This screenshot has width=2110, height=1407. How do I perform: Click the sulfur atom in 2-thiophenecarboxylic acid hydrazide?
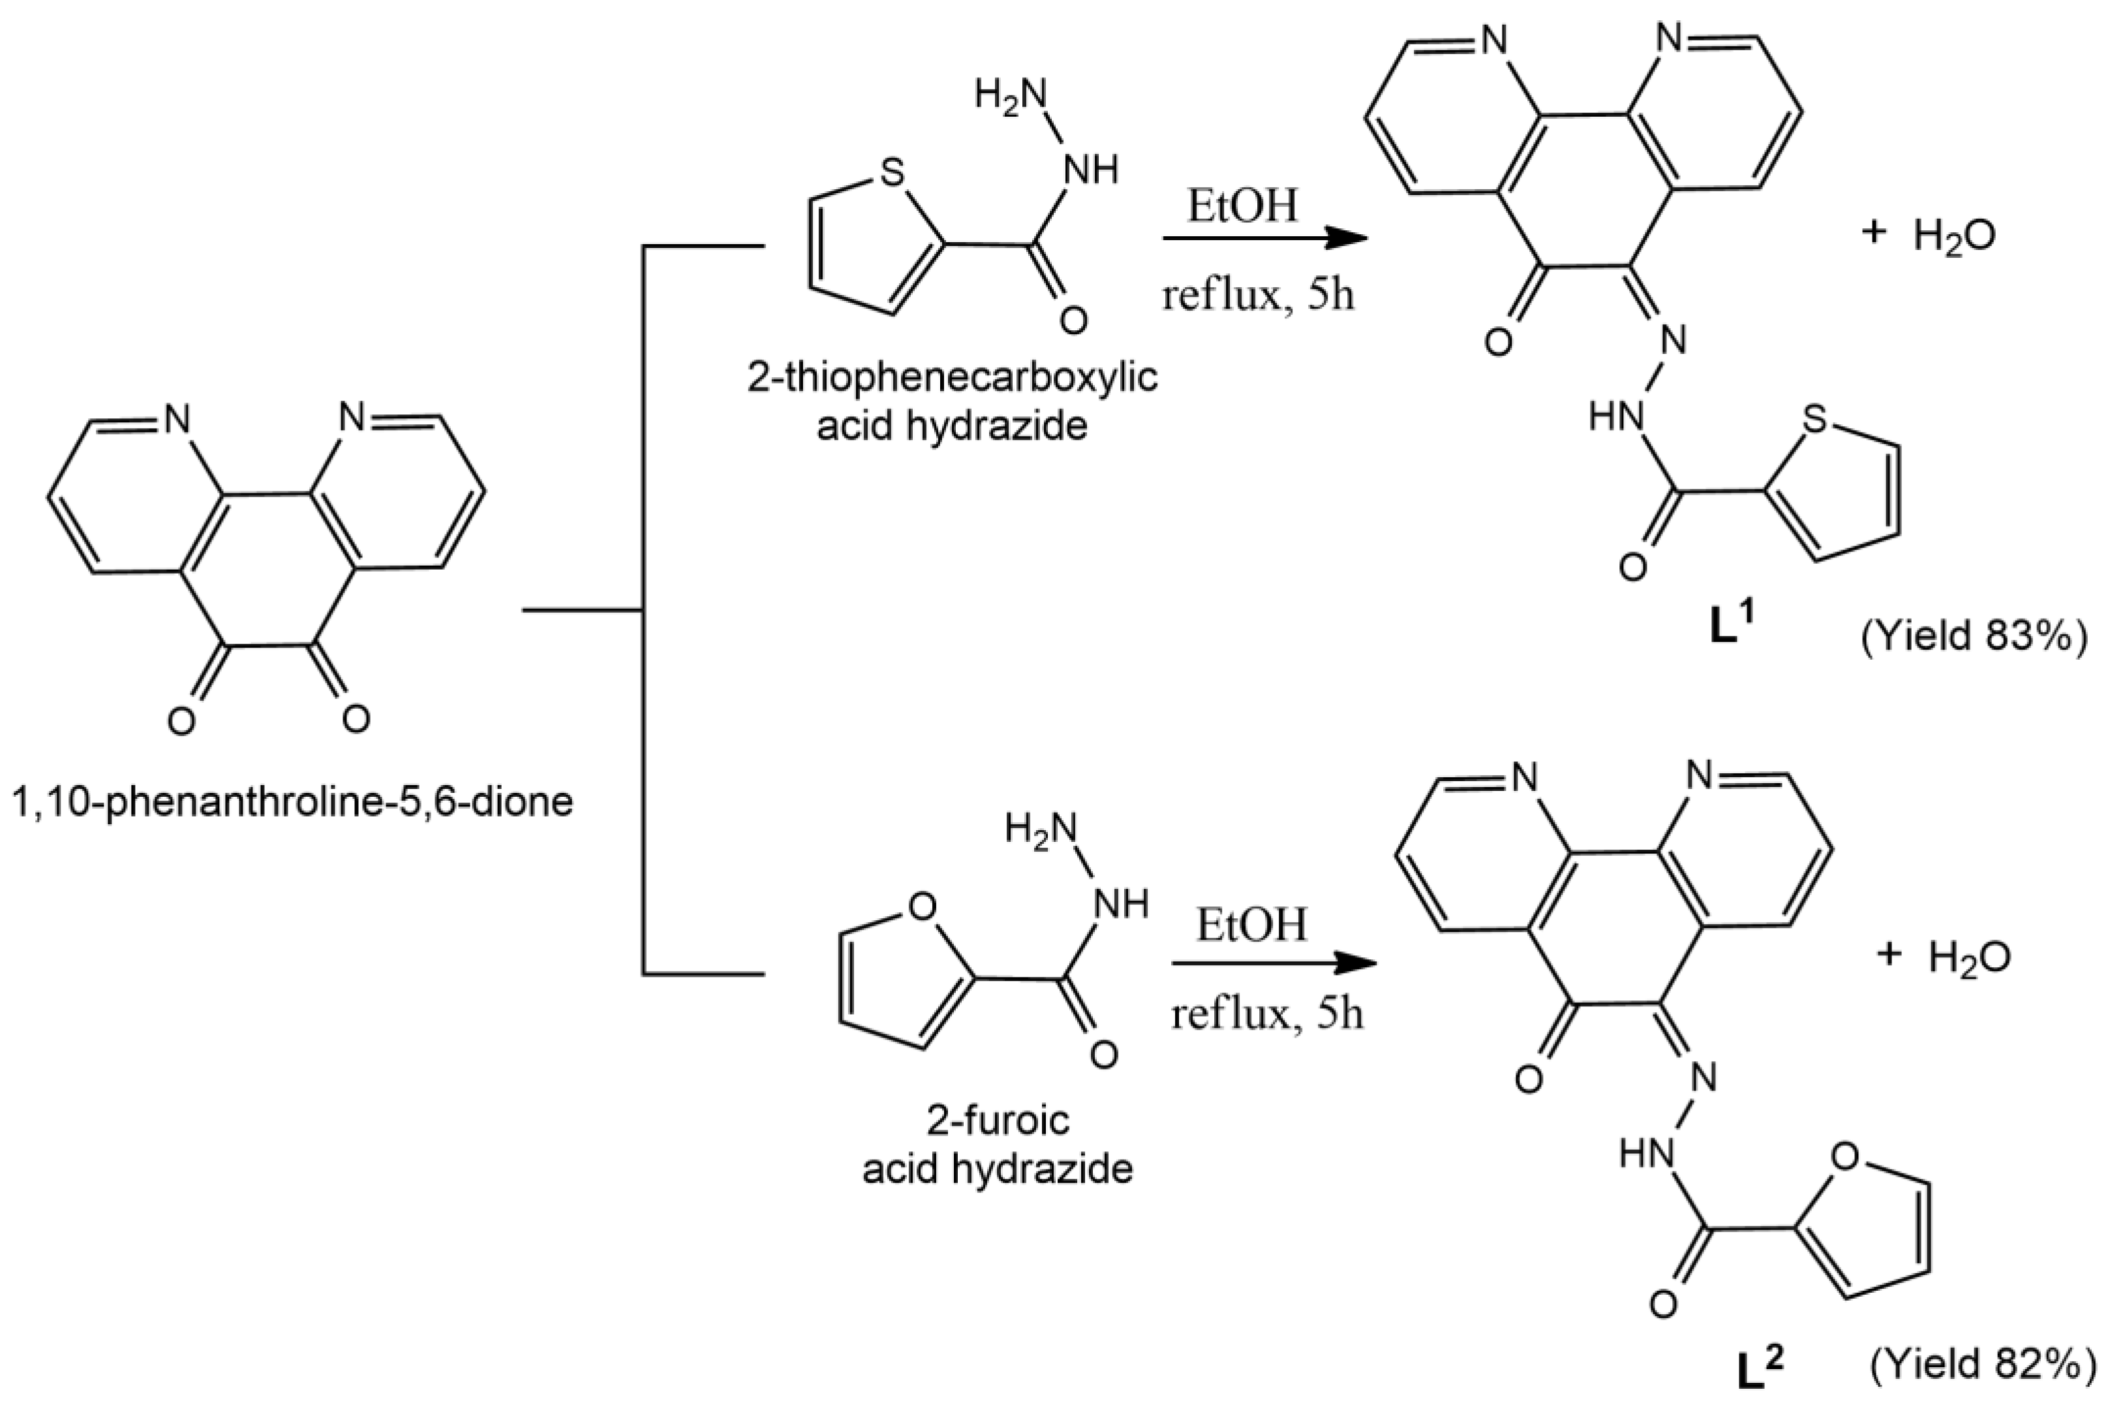point(892,172)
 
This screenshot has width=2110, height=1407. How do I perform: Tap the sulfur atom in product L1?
point(1814,419)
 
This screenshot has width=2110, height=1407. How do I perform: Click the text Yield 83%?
point(1974,636)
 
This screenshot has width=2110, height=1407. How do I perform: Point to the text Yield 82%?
point(1987,1363)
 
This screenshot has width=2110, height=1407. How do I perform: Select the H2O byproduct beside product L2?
point(1970,957)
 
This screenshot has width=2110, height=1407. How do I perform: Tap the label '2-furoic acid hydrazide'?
point(998,1144)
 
